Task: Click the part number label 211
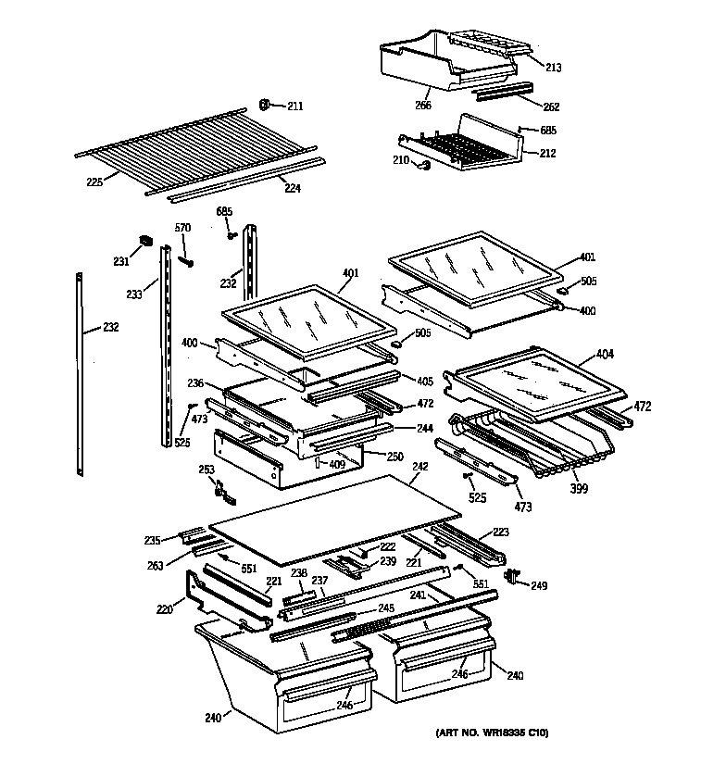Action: click(x=294, y=106)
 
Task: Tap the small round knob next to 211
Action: click(x=264, y=104)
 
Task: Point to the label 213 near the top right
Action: click(x=554, y=68)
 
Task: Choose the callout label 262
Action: click(x=551, y=106)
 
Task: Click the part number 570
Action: click(x=183, y=228)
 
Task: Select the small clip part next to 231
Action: click(x=144, y=242)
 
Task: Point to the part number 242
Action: click(x=419, y=468)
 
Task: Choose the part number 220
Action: click(x=164, y=610)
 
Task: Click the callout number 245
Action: click(x=385, y=608)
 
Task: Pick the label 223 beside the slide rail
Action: click(x=500, y=532)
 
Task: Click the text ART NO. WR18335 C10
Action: click(x=492, y=733)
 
